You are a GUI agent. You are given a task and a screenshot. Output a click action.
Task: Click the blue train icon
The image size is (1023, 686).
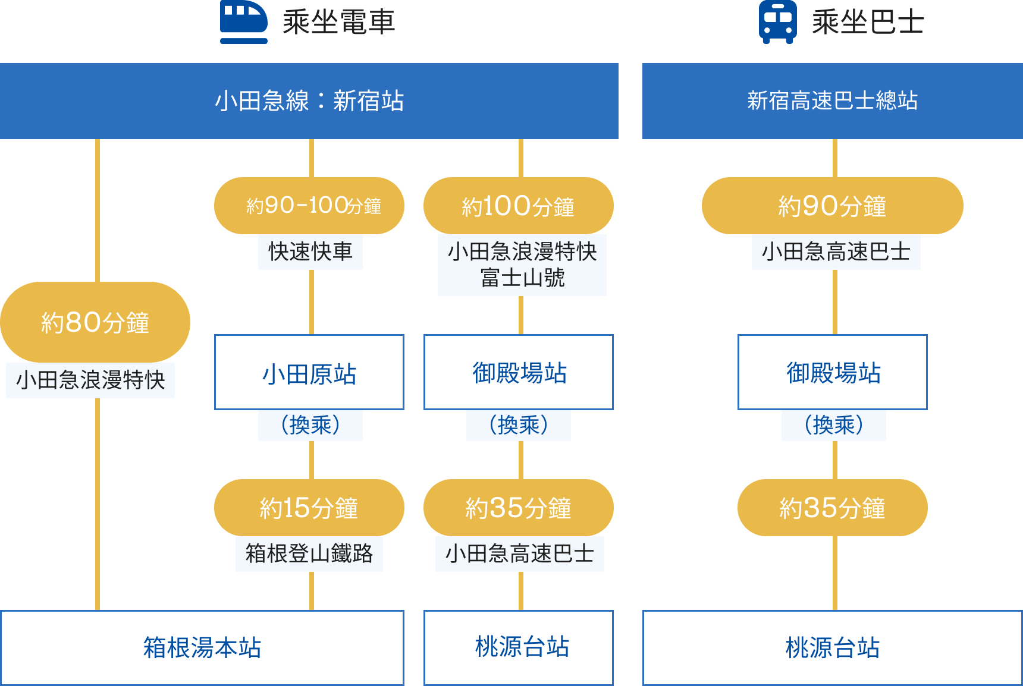243,22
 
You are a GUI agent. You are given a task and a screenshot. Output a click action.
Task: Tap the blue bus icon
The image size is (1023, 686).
777,22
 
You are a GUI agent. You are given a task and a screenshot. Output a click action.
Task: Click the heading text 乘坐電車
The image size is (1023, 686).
338,23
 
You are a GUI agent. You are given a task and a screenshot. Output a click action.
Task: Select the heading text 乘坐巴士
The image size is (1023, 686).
868,23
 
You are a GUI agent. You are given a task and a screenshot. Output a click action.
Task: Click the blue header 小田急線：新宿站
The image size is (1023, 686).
309,101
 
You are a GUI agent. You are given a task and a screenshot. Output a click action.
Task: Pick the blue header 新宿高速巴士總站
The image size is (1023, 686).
832,101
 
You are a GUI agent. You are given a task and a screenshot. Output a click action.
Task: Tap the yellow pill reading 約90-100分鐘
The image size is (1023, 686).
309,206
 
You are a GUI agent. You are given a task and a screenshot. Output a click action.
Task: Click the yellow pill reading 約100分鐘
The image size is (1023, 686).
518,206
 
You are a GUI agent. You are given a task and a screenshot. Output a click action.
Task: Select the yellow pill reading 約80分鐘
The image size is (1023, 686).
95,322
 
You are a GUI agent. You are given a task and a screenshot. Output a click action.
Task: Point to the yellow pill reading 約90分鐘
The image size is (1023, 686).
832,206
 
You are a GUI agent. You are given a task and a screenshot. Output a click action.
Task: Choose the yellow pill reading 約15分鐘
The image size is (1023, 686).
309,508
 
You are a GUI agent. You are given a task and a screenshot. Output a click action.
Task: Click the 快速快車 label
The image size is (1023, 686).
310,251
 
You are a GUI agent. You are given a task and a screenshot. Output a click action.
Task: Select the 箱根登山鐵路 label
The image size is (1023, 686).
309,553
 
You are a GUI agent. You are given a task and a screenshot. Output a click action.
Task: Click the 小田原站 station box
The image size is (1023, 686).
309,373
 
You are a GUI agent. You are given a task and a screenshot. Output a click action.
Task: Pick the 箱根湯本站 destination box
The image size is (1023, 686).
202,647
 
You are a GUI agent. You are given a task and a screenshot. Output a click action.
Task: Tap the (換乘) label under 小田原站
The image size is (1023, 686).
310,425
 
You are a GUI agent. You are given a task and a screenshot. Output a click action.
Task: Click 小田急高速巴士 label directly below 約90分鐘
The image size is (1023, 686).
836,252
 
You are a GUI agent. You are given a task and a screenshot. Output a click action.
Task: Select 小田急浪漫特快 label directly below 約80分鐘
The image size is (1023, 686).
90,380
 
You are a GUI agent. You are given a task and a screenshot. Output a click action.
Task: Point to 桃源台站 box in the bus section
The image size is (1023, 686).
832,647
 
